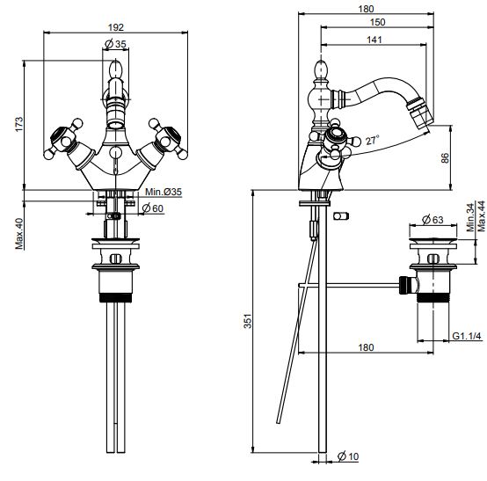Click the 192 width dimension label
point(116,27)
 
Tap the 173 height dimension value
point(19,124)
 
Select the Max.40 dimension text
point(19,234)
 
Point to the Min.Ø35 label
point(164,192)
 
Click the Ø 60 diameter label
point(152,208)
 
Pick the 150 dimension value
point(377,22)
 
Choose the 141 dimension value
point(374,40)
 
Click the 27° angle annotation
point(373,140)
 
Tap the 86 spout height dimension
point(445,158)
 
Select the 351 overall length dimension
point(248,321)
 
